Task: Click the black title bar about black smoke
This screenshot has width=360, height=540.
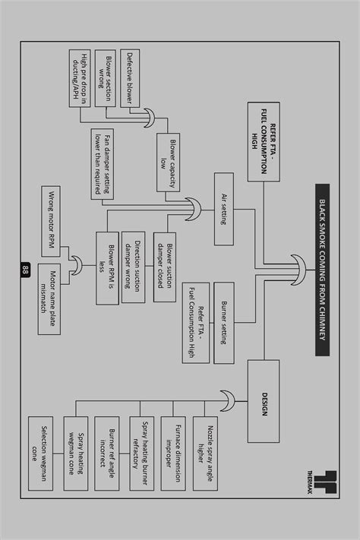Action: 321,270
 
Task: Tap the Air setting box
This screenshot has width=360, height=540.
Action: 223,209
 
